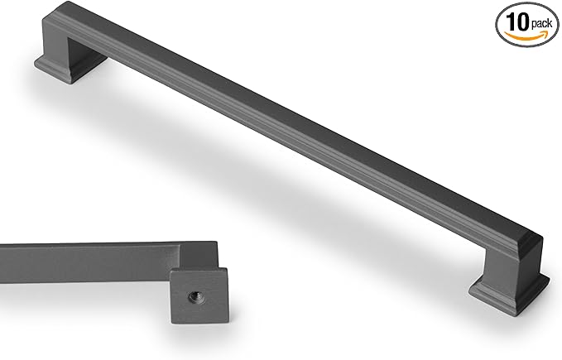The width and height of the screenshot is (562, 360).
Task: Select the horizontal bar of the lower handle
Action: tap(83, 256)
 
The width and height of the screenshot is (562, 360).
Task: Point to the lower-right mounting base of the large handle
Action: tap(507, 289)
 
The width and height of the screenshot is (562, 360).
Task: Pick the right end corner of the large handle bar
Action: tap(542, 239)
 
